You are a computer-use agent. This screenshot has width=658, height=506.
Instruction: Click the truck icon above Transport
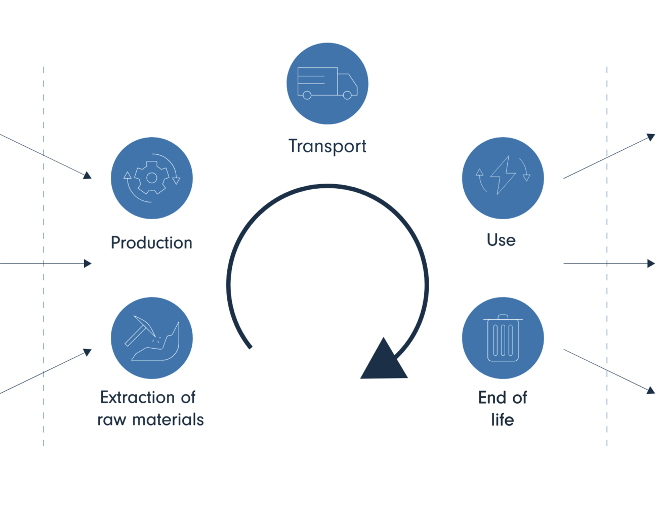point(327,83)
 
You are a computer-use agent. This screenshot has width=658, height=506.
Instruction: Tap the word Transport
point(327,146)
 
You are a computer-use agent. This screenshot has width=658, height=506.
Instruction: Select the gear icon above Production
point(151,178)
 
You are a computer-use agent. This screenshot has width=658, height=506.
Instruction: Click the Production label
point(151,243)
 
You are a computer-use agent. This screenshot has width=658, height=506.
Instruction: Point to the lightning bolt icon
point(503,175)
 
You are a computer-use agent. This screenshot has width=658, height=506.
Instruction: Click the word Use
point(501,240)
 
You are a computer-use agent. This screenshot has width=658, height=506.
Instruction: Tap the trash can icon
point(503,338)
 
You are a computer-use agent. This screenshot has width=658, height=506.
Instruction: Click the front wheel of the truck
point(347,95)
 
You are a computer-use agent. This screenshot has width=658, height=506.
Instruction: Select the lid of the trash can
point(503,319)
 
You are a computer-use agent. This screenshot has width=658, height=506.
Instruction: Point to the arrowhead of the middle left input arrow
point(88,264)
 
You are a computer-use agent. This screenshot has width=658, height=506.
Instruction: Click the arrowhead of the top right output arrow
point(651,137)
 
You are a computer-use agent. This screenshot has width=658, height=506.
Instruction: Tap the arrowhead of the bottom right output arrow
point(651,390)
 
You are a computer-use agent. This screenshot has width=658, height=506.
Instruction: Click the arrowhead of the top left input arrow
point(88,175)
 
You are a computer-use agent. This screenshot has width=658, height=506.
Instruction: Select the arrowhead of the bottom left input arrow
point(88,352)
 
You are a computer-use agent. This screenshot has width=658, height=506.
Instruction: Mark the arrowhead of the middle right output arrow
point(651,264)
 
